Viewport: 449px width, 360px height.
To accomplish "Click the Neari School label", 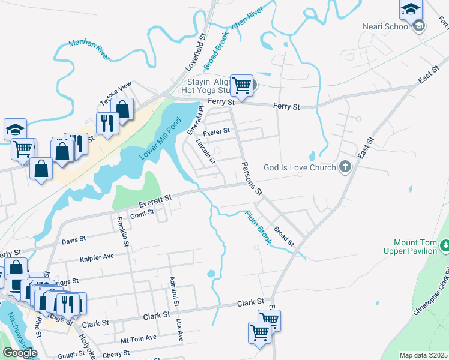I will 386,26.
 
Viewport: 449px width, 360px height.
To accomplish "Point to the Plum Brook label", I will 259,227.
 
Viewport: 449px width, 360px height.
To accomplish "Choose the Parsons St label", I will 252,178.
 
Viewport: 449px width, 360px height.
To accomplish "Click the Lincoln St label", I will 206,151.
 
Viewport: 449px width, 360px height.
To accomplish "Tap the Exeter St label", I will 217,131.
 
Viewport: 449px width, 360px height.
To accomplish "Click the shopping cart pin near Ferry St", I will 241,85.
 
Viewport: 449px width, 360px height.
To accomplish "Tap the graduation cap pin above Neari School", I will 411,9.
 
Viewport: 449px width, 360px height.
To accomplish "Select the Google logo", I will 20,353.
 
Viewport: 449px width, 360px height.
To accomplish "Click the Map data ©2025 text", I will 423,355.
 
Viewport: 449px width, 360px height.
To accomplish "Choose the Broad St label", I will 283,236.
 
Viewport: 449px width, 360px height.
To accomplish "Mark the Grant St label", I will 142,214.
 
